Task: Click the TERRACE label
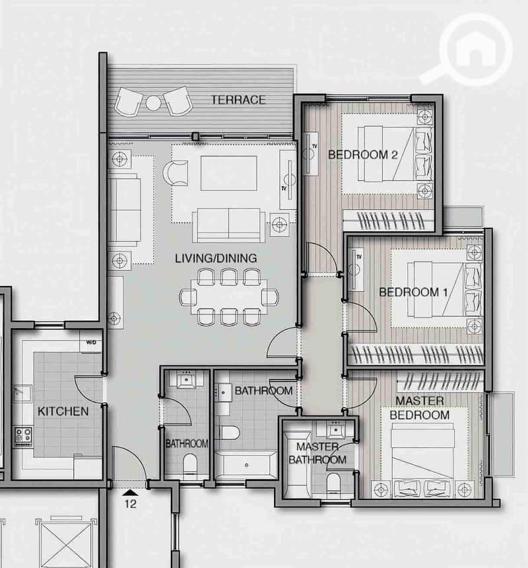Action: pos(238,100)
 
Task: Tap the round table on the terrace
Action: pos(153,103)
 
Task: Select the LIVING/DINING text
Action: pos(216,258)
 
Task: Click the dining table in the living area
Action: pos(229,297)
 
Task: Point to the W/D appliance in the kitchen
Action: pos(91,342)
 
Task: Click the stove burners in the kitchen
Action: pos(24,437)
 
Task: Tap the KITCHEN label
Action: pos(63,411)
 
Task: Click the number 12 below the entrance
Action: pos(130,503)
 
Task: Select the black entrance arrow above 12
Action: pos(130,493)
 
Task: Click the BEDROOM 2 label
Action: pos(362,155)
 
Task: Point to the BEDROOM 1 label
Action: pos(413,292)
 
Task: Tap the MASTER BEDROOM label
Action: pos(420,408)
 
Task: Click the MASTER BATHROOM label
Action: pos(317,453)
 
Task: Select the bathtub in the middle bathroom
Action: pos(246,465)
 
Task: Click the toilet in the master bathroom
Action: pos(334,483)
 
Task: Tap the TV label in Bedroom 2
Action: pos(314,146)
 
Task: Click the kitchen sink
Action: pos(22,394)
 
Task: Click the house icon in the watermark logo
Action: pos(475,49)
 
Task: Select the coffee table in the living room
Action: pos(229,173)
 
